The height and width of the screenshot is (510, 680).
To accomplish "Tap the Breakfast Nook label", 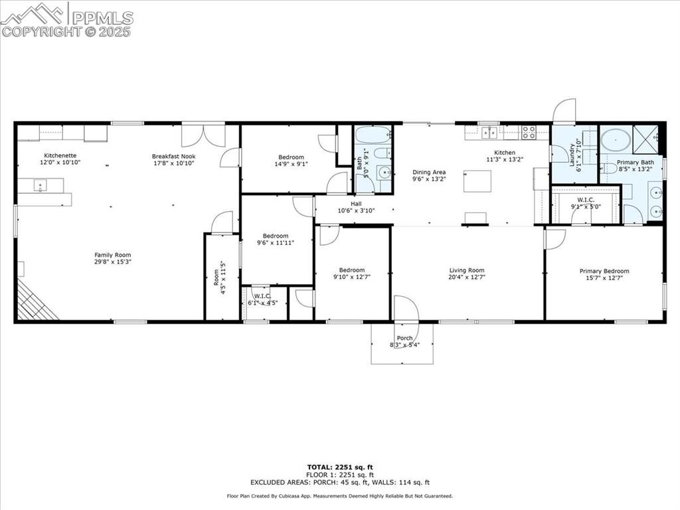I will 173,155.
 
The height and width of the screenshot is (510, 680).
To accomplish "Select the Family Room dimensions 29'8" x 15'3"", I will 112,263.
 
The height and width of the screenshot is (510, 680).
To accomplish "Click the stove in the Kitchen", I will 529,132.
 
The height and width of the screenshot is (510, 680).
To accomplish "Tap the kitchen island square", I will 477,181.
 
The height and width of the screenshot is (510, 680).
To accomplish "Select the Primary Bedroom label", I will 604,271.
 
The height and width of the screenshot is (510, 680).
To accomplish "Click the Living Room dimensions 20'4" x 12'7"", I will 467,278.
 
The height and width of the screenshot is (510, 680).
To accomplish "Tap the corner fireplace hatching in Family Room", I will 35,302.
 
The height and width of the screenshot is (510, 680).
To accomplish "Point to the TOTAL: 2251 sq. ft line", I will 339,467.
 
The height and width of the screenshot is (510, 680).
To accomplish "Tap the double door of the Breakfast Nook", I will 203,135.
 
